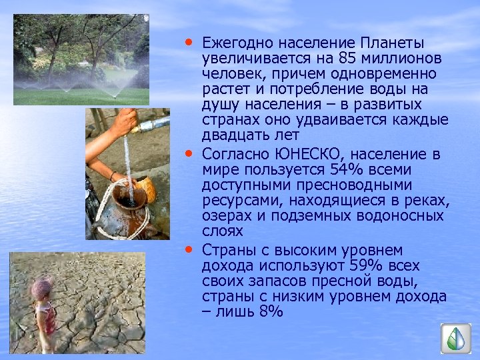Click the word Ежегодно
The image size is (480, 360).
pos(233,43)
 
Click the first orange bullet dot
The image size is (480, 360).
pos(191,41)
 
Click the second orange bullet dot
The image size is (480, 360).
pos(191,154)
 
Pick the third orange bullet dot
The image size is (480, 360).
pos(191,249)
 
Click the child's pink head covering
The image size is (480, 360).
pos(42,289)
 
